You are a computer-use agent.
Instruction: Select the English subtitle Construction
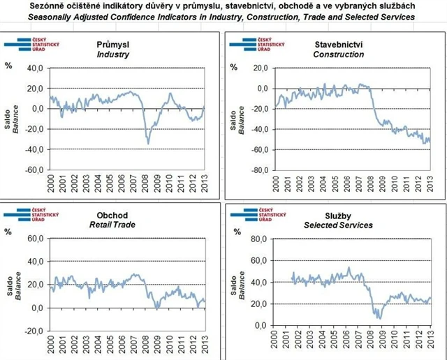tap(338, 54)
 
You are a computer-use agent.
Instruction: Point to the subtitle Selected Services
tap(338, 226)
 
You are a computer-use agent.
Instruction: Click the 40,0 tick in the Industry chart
tap(34, 68)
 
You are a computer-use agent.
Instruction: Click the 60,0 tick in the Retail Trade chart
tap(34, 239)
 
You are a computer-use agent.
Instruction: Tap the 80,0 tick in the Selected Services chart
tap(258, 239)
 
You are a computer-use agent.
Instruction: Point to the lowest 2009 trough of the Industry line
tap(148, 142)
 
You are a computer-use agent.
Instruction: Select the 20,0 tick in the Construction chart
tap(258, 68)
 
